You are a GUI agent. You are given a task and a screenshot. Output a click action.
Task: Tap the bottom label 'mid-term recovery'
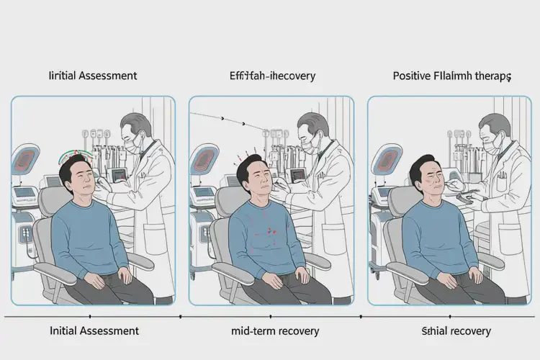pos(269,331)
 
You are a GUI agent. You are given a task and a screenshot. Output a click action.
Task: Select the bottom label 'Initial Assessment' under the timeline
pos(94,331)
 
